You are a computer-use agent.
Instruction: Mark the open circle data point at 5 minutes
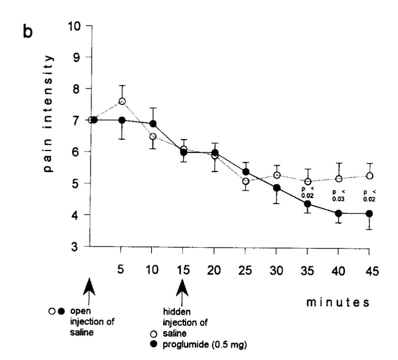122,101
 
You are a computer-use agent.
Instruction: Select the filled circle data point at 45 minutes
369,214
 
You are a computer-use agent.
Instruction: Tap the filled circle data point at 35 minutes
307,204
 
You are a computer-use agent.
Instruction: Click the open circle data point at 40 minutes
338,179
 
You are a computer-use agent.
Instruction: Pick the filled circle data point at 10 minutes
153,124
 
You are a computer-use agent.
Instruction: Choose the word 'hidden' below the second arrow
172,312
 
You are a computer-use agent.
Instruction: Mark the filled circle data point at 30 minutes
276,188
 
